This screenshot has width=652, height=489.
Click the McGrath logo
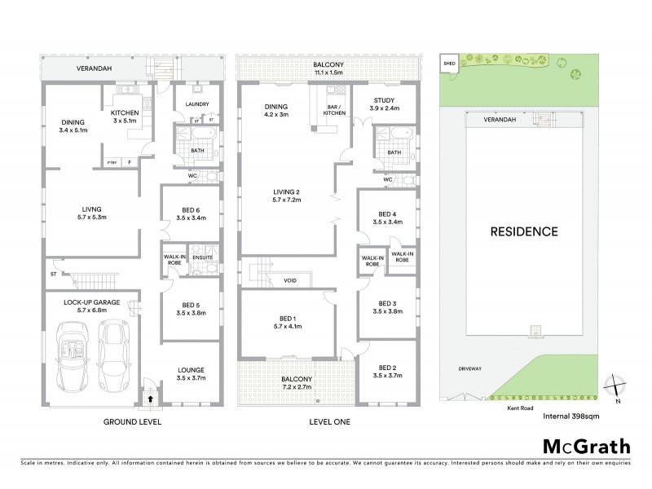click(587, 446)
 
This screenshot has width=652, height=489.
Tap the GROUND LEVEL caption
click(132, 422)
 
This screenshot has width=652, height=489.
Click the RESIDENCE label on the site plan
click(523, 231)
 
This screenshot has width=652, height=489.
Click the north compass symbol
click(615, 386)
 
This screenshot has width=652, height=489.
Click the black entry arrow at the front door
click(150, 399)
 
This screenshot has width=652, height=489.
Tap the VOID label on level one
click(290, 280)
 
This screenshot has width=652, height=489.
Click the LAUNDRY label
click(197, 104)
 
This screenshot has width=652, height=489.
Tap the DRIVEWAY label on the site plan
click(469, 368)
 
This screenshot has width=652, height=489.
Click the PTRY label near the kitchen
click(112, 162)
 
